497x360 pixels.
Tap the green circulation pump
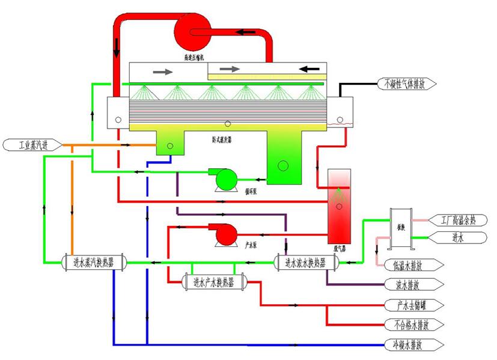[x=225, y=179]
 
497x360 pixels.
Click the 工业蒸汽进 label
[x=32, y=145]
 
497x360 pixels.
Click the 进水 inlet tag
[x=460, y=237]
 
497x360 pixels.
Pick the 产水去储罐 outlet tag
[x=414, y=305]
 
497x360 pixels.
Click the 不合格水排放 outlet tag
[x=414, y=325]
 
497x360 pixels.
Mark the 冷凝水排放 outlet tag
[x=414, y=346]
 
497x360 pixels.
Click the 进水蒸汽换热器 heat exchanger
[x=94, y=262]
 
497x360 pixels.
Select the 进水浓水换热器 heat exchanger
[x=305, y=262]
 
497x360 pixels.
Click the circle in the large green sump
[x=282, y=165]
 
